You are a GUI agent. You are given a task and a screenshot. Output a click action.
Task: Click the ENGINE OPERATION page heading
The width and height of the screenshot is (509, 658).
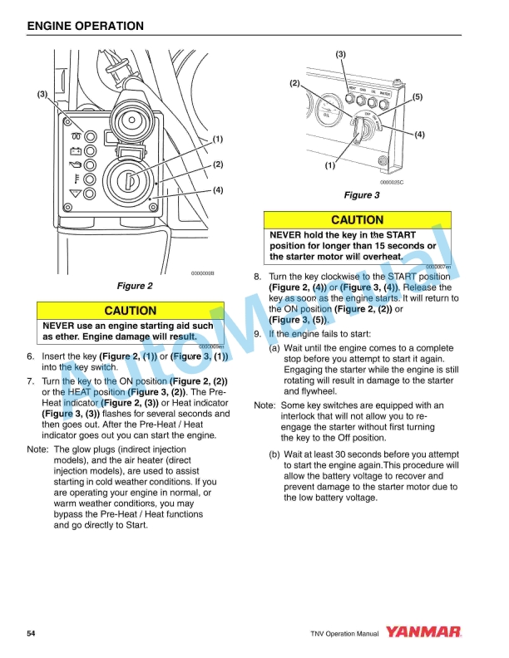point(86,26)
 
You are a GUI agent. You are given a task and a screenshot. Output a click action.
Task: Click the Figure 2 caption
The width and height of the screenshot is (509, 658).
point(135,287)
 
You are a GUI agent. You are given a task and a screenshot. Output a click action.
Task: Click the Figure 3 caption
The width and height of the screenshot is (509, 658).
point(362,195)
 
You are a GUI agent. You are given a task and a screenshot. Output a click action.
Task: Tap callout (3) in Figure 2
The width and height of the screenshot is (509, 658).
point(42,95)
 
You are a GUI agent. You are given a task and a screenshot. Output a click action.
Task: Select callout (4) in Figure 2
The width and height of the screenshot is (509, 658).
point(217,190)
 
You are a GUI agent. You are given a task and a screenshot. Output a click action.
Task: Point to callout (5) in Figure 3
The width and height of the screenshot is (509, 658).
point(418,97)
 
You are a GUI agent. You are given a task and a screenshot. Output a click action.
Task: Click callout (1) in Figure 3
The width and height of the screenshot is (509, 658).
point(329,165)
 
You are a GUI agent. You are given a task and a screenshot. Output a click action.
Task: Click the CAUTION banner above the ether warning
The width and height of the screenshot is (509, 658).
point(130,311)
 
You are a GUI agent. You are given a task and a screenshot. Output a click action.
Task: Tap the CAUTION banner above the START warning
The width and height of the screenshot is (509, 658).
point(357,220)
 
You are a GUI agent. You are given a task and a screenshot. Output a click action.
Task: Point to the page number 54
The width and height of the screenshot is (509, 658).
point(31,634)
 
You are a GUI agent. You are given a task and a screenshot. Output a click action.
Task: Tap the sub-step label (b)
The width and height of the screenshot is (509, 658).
point(274,454)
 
